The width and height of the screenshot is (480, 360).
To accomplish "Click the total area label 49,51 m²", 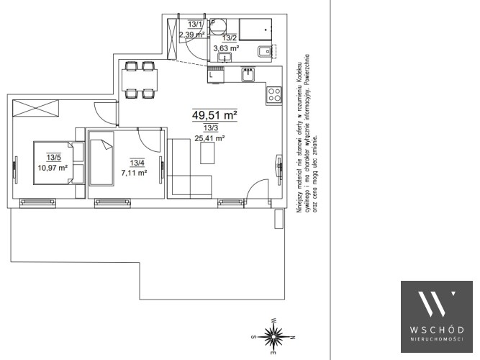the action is [x=214, y=115].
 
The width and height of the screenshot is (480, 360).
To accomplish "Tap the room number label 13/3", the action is [x=211, y=128].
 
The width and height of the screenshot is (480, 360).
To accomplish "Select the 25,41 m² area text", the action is [x=210, y=138].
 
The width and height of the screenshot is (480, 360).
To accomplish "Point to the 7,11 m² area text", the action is [x=135, y=173].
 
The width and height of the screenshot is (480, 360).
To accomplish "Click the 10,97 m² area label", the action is [x=53, y=168].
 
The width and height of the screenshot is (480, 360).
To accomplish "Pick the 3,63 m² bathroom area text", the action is [x=227, y=48].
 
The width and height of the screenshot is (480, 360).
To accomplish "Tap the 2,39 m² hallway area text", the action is [x=192, y=35].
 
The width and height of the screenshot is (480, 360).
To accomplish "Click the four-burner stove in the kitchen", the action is [x=274, y=94].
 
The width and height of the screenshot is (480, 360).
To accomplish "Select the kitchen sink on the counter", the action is [x=248, y=75].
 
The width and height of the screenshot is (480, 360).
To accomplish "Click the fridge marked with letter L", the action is [x=216, y=74].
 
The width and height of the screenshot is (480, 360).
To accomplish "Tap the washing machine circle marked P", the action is [x=217, y=27].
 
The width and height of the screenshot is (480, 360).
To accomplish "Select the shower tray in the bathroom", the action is [x=255, y=30].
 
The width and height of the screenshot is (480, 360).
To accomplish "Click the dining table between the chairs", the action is [x=140, y=80].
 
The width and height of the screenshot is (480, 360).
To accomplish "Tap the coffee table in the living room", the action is [x=207, y=153].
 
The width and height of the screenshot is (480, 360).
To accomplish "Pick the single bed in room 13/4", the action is [x=101, y=158].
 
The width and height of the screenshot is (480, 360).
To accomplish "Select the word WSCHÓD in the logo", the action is [x=437, y=330].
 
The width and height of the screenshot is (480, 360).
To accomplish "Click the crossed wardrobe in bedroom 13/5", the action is [x=35, y=108].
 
